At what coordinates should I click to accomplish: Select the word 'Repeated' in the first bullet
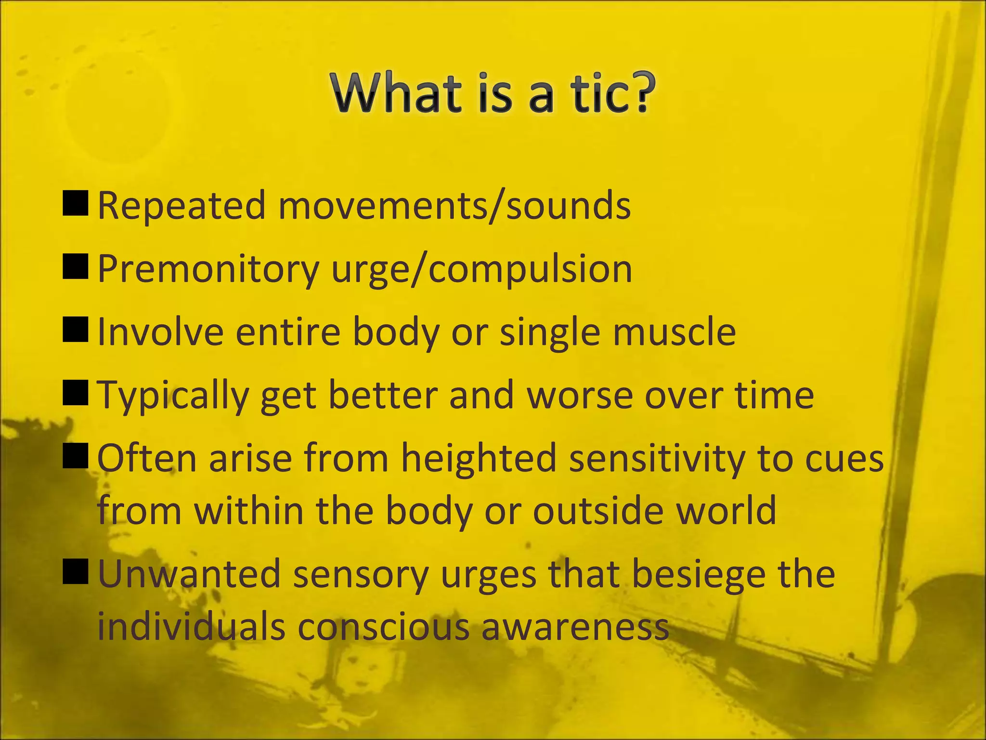pyautogui.click(x=182, y=206)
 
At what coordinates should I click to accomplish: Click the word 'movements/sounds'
pyautogui.click(x=454, y=206)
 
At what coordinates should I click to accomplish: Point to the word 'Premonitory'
pyautogui.click(x=208, y=269)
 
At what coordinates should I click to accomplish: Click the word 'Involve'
pyautogui.click(x=160, y=332)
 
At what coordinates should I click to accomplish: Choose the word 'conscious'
pyautogui.click(x=383, y=627)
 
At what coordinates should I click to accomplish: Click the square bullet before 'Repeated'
pyautogui.click(x=76, y=203)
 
